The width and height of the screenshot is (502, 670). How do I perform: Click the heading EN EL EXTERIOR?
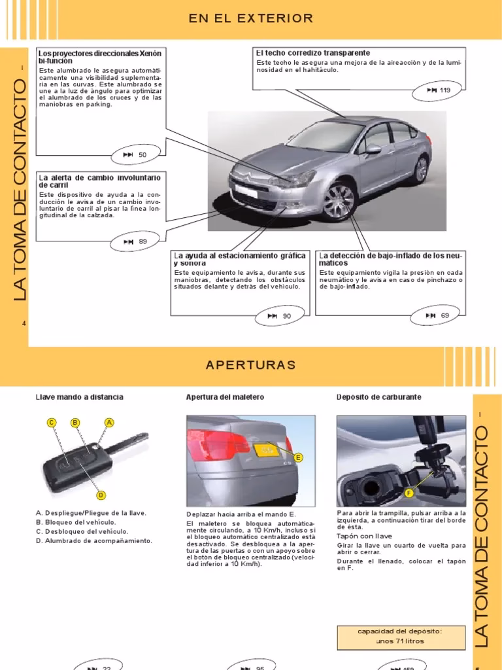click(x=251, y=18)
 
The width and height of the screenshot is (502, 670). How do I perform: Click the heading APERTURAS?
click(x=251, y=365)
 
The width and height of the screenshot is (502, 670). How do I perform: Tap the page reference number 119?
click(x=445, y=90)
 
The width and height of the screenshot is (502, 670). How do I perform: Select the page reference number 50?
click(x=142, y=154)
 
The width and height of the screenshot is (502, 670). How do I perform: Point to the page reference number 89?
click(x=142, y=241)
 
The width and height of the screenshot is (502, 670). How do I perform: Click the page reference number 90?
click(x=286, y=316)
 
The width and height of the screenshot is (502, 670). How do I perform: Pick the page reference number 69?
click(x=444, y=315)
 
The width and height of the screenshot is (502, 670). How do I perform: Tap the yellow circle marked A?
click(x=109, y=423)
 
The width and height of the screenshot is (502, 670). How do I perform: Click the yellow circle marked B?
click(x=75, y=423)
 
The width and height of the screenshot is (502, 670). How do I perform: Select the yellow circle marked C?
click(x=51, y=423)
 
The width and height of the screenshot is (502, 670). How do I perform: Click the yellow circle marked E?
click(x=298, y=457)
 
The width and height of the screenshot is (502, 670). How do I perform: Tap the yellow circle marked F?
click(x=409, y=492)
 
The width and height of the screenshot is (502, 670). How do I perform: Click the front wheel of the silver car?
click(x=339, y=199)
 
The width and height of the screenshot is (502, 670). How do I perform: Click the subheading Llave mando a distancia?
click(x=79, y=397)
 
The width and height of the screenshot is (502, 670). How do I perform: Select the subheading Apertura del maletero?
click(x=225, y=397)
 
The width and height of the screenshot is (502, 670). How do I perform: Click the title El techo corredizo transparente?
click(x=313, y=53)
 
